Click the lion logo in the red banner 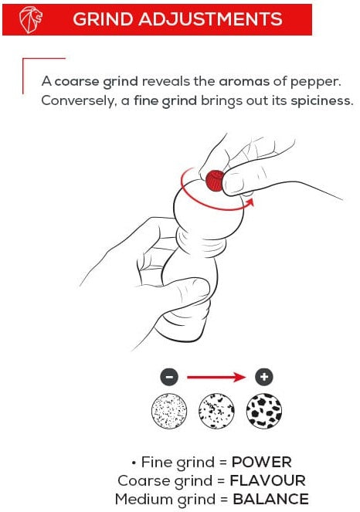point(31,19)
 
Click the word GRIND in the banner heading point(103,19)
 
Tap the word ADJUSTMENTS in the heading point(210,19)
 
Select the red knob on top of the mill point(215,180)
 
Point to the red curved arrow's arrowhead point(250,202)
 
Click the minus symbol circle point(169,377)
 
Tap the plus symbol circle point(264,377)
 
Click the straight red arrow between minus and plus point(216,378)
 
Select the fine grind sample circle point(169,411)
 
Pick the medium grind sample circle point(216,411)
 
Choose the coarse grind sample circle point(264,411)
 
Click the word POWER point(261,462)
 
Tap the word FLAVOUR point(267,480)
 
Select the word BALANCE point(270,500)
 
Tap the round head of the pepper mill point(209,212)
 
